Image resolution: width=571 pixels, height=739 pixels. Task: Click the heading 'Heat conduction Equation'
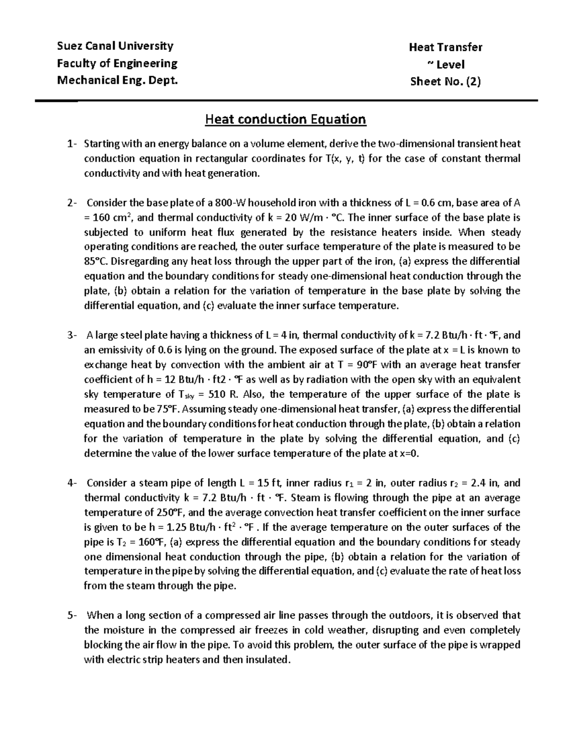click(x=285, y=119)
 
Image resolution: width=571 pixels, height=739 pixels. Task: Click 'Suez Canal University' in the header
click(x=115, y=46)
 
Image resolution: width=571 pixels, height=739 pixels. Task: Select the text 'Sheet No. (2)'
click(x=445, y=81)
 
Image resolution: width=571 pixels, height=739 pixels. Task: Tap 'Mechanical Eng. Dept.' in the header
click(x=118, y=80)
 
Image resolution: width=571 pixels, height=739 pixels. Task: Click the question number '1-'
click(x=71, y=144)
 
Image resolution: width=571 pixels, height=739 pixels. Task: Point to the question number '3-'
click(x=71, y=335)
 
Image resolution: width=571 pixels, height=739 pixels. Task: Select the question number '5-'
click(x=71, y=615)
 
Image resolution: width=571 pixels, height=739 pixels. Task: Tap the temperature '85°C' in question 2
click(x=94, y=262)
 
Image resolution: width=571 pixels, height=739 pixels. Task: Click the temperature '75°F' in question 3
click(x=168, y=409)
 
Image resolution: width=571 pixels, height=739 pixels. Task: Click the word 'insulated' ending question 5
click(x=268, y=660)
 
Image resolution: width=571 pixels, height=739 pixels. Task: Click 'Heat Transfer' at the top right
click(x=445, y=47)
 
